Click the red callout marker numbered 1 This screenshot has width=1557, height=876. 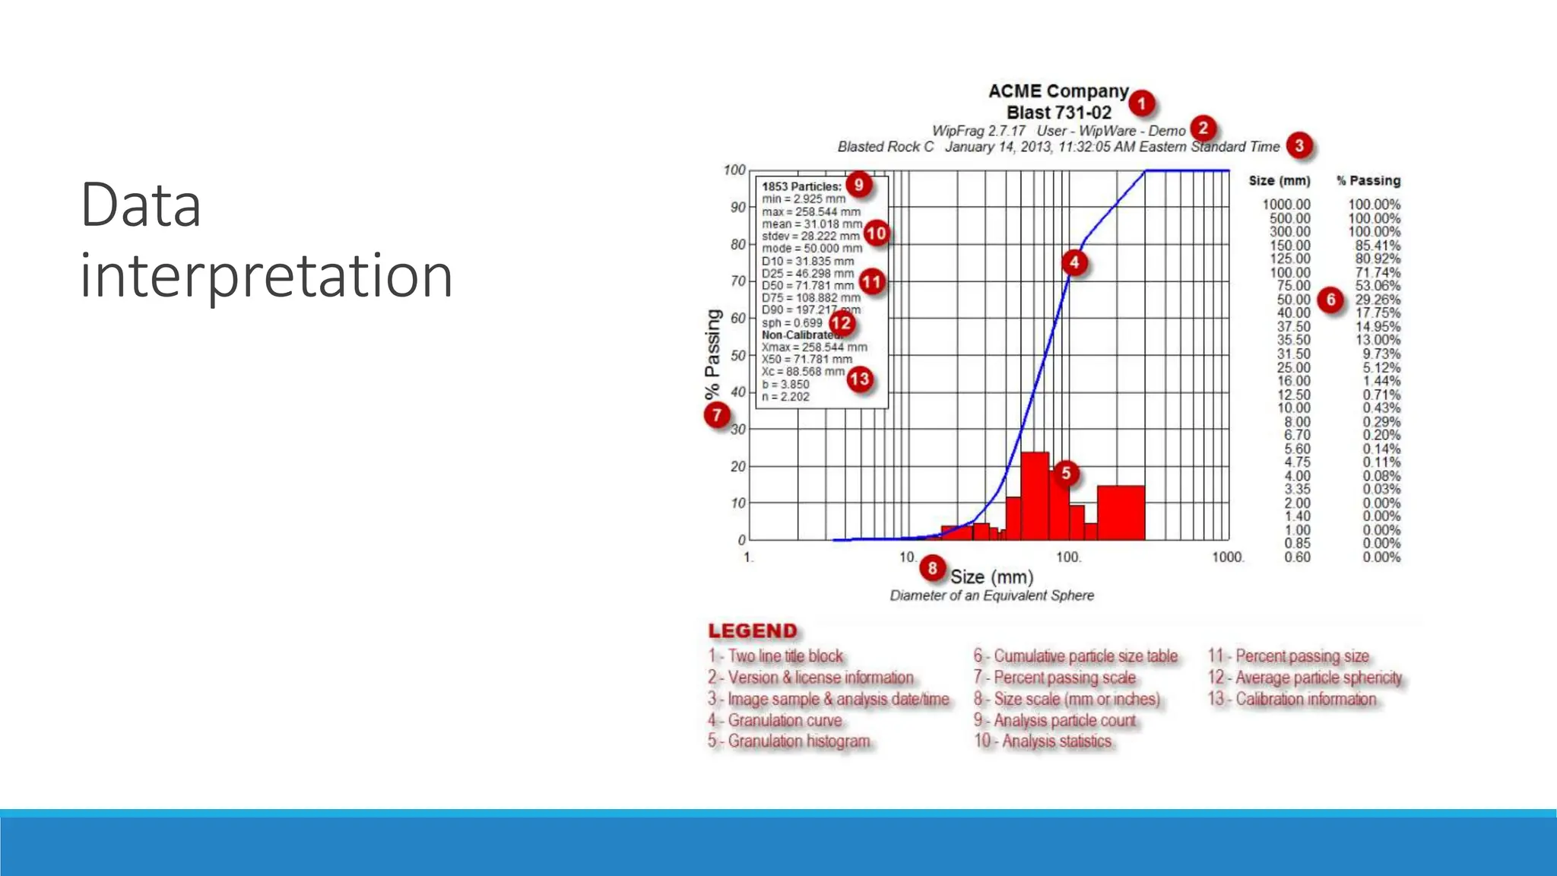(x=1141, y=103)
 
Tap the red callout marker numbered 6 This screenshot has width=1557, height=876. (x=1330, y=300)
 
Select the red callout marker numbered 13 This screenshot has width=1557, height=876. (x=859, y=379)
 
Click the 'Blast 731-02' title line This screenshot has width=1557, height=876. (x=1058, y=113)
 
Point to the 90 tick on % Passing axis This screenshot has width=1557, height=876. (x=737, y=208)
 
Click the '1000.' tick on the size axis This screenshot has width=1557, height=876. (x=1227, y=557)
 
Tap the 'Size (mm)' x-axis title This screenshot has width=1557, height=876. (x=991, y=577)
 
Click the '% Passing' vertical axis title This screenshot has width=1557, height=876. (x=712, y=354)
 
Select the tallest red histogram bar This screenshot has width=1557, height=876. (x=1035, y=496)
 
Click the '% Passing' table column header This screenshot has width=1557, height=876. (x=1368, y=181)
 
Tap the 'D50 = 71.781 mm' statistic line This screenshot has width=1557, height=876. (x=807, y=286)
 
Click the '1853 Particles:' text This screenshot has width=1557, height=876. (x=801, y=186)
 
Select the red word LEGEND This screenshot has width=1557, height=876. (x=753, y=631)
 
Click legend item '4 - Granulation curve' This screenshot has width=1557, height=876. (x=775, y=720)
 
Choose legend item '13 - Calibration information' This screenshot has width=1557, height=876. (x=1292, y=699)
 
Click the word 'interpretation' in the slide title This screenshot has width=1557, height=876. (x=266, y=275)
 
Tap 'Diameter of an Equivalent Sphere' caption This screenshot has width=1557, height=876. (x=991, y=595)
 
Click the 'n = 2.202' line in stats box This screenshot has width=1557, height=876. (x=785, y=397)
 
